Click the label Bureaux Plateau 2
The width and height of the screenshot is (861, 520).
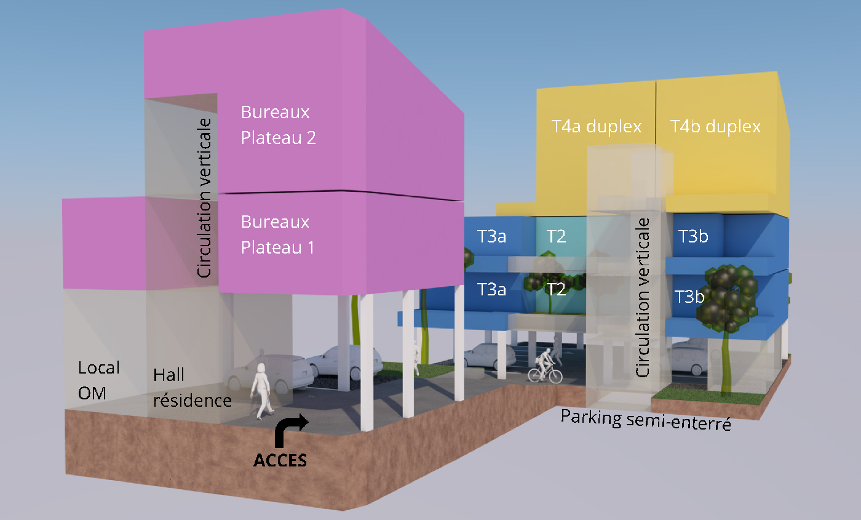(x=278, y=125)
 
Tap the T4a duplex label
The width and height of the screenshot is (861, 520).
(x=597, y=127)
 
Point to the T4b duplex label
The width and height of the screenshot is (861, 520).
(x=715, y=127)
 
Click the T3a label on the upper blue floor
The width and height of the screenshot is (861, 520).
(x=492, y=236)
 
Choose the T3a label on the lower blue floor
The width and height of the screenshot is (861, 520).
(x=492, y=289)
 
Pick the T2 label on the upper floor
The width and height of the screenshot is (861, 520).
(x=556, y=236)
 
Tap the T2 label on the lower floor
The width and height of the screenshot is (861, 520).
(x=556, y=289)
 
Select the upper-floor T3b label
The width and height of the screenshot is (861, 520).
(x=693, y=236)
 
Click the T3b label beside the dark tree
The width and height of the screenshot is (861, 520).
(x=689, y=296)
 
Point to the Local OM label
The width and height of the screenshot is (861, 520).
(x=98, y=380)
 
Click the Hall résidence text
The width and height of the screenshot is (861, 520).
(x=192, y=388)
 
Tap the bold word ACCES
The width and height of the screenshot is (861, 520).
(x=280, y=460)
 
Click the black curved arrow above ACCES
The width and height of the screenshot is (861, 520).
(x=290, y=430)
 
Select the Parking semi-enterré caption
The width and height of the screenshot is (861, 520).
(x=646, y=420)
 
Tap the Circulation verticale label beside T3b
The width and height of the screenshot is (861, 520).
(x=643, y=297)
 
